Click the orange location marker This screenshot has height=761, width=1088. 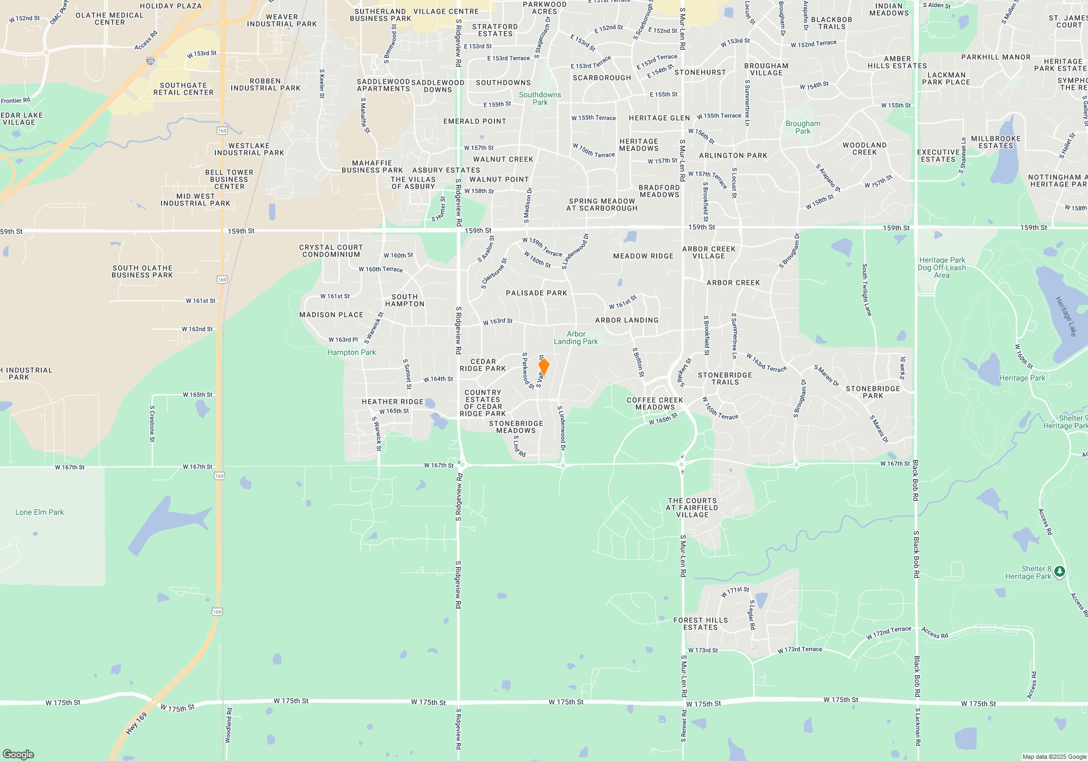543,366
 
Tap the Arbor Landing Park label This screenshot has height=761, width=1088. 576,338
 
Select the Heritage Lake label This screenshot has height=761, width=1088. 1066,316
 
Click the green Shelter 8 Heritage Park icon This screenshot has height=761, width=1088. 1059,571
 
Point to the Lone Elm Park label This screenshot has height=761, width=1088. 39,512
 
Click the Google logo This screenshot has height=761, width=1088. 18,754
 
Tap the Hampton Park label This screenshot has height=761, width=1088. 351,352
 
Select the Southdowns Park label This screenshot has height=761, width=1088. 540,98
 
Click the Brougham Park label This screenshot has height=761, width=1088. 802,127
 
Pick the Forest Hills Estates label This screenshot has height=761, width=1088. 700,623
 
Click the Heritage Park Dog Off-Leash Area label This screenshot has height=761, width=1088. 942,267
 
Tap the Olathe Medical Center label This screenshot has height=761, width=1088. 109,18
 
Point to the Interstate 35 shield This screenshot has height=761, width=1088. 151,61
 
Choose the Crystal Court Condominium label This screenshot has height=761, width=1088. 331,251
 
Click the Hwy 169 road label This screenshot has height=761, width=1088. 136,723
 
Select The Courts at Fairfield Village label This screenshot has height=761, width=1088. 692,508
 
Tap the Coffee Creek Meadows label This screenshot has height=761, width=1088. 654,403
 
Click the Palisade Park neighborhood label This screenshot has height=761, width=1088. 536,293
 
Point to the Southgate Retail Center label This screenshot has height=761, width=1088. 183,89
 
